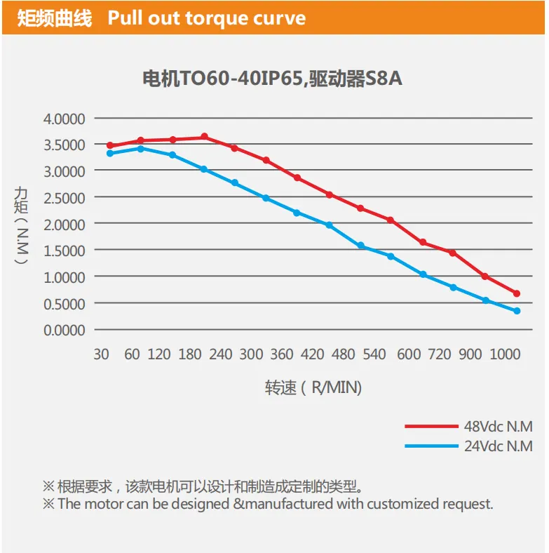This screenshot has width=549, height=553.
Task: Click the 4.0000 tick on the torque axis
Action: click(64, 119)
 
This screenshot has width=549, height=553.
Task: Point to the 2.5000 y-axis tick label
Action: click(64, 198)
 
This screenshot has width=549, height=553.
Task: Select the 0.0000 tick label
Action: click(64, 331)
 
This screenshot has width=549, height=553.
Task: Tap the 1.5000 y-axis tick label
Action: click(64, 251)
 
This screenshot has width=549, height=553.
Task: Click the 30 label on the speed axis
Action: click(101, 354)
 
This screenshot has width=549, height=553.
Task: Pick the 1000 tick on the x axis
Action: click(505, 354)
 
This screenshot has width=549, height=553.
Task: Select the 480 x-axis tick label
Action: click(343, 354)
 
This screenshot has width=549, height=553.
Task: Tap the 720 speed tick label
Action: click(440, 354)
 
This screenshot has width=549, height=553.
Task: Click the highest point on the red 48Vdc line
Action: click(204, 136)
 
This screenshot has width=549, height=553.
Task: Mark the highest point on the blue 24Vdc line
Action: click(141, 149)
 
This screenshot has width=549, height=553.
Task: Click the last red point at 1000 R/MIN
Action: click(517, 293)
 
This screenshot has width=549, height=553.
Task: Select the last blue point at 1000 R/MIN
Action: click(517, 311)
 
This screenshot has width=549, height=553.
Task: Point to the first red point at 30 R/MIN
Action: click(110, 145)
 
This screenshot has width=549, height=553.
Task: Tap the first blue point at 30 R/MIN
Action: click(110, 154)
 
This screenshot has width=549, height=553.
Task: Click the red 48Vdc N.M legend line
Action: click(431, 427)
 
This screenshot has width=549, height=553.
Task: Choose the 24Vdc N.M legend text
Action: click(499, 446)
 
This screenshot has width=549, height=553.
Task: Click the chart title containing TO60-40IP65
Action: click(272, 79)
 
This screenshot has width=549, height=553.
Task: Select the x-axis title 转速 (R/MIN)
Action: click(313, 387)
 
